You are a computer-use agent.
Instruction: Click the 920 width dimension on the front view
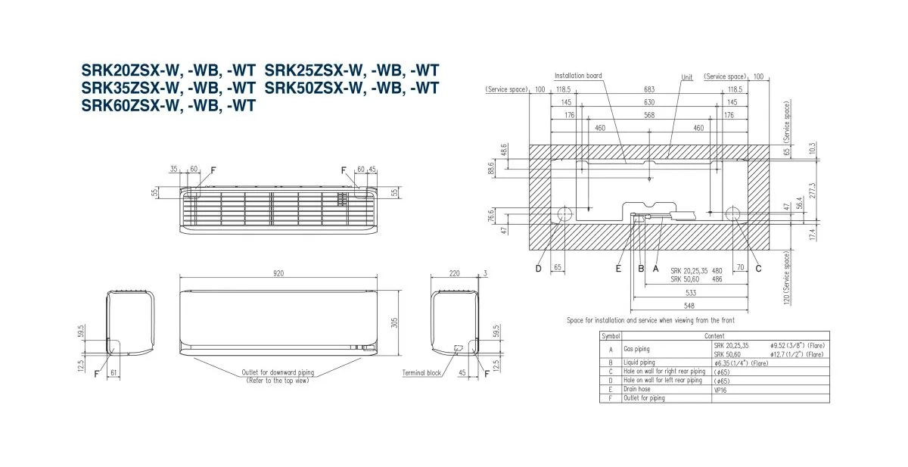pos(278,274)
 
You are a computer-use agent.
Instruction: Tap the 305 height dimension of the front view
pos(395,323)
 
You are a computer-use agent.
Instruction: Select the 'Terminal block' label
pos(421,372)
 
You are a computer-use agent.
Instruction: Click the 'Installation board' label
pos(578,76)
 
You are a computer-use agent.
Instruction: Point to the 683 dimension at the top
pos(649,89)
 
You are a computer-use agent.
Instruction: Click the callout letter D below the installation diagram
pos(539,268)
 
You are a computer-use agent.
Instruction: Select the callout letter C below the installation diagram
pos(758,268)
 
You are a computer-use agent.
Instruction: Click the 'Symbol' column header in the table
pos(611,335)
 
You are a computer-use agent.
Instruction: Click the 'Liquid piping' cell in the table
pos(640,363)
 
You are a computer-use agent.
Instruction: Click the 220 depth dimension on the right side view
pos(453,274)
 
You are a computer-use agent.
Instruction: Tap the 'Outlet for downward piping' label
pos(278,373)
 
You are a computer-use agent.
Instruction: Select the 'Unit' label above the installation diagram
pos(686,77)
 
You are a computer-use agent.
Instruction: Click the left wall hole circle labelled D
pos(564,213)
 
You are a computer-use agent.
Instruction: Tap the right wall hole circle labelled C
pos(733,213)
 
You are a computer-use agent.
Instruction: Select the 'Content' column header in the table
pos(714,335)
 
